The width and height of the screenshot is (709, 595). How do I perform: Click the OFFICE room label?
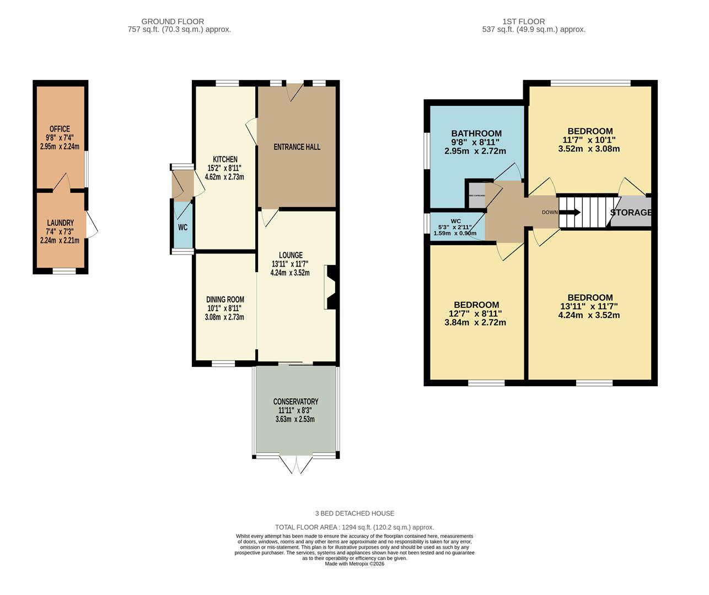(x=60, y=129)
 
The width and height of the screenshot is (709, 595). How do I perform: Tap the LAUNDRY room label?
(x=60, y=223)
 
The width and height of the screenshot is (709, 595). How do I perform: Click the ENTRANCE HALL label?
(x=297, y=147)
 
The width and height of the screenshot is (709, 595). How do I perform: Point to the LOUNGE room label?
(x=290, y=255)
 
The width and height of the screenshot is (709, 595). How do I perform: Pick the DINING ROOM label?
(x=225, y=300)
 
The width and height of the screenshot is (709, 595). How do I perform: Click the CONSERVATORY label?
(x=296, y=402)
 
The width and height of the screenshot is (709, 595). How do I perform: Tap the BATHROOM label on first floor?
(x=476, y=133)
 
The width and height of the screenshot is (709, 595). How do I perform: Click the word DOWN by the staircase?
(x=549, y=213)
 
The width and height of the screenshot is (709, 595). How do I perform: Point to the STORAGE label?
(x=631, y=213)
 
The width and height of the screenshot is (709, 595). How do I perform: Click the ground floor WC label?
(x=182, y=227)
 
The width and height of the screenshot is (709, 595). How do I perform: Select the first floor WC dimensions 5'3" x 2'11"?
(x=455, y=227)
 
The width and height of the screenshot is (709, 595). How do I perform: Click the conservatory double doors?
(x=296, y=464)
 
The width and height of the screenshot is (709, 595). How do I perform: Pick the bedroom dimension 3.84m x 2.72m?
(x=475, y=323)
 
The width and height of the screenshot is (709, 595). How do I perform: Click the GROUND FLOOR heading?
(x=173, y=21)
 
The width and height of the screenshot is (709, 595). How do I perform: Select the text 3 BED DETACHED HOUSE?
(x=354, y=513)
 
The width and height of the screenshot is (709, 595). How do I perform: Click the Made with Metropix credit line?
(x=354, y=564)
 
